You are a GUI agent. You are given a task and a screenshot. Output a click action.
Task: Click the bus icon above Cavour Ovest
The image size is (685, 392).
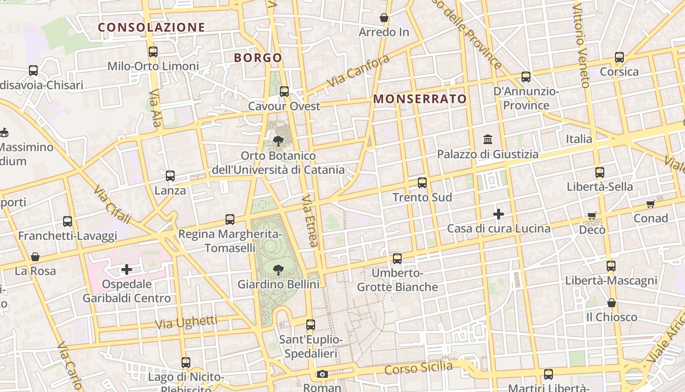tap(284, 92)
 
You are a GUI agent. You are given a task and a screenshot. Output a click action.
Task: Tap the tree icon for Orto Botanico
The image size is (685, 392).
tap(278, 142)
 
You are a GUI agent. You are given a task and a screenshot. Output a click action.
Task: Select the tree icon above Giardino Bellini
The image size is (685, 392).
tap(278, 269)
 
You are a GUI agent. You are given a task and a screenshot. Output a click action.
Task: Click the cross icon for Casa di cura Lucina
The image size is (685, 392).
tap(499, 214)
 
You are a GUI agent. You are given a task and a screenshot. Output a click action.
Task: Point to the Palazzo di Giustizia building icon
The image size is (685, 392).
tap(488, 140)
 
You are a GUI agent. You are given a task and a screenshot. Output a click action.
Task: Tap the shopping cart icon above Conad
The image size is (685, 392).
tap(650, 204)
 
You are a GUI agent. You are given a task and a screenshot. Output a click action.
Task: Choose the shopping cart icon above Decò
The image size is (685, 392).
tap(592, 216)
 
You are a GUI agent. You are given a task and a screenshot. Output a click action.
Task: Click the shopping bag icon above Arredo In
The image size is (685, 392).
tap(384, 18)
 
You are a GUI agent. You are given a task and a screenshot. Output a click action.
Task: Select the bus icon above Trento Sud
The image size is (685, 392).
tap(422, 183)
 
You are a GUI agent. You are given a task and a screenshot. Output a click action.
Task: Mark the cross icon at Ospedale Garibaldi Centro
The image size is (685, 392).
tap(127, 269)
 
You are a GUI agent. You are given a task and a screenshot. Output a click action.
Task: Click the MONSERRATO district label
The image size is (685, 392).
tap(420, 99)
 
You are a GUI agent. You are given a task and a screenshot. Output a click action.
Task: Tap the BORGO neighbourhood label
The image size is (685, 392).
tap(258, 58)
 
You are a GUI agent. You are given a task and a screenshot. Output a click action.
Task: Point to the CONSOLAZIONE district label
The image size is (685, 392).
tap(152, 27)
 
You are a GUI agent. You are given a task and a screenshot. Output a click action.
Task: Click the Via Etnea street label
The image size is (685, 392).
tap(310, 220)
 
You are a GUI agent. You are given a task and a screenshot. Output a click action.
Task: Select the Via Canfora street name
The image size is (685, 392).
tap(359, 71)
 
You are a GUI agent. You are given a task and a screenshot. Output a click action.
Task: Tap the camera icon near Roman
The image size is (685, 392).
tap(322, 374)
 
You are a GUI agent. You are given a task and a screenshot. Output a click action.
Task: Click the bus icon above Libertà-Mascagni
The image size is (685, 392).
tap(611, 266)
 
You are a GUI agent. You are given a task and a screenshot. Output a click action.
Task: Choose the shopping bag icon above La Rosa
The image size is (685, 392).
tap(35, 257)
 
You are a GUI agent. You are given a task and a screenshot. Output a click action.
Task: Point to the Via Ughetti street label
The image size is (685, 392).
tap(186, 322)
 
